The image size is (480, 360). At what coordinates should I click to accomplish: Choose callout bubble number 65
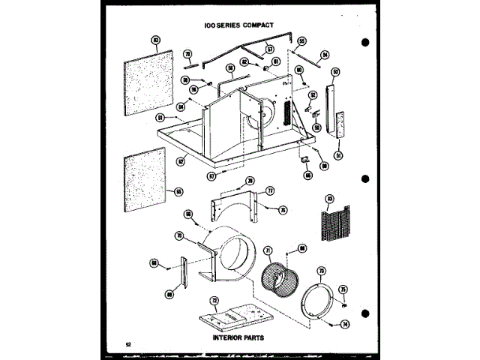(178, 190)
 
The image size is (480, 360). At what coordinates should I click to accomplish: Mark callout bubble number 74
(346, 324)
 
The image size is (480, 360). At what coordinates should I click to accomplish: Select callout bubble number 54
(325, 54)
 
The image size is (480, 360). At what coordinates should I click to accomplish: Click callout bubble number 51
(338, 154)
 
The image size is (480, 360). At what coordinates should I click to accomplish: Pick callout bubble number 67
(212, 175)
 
